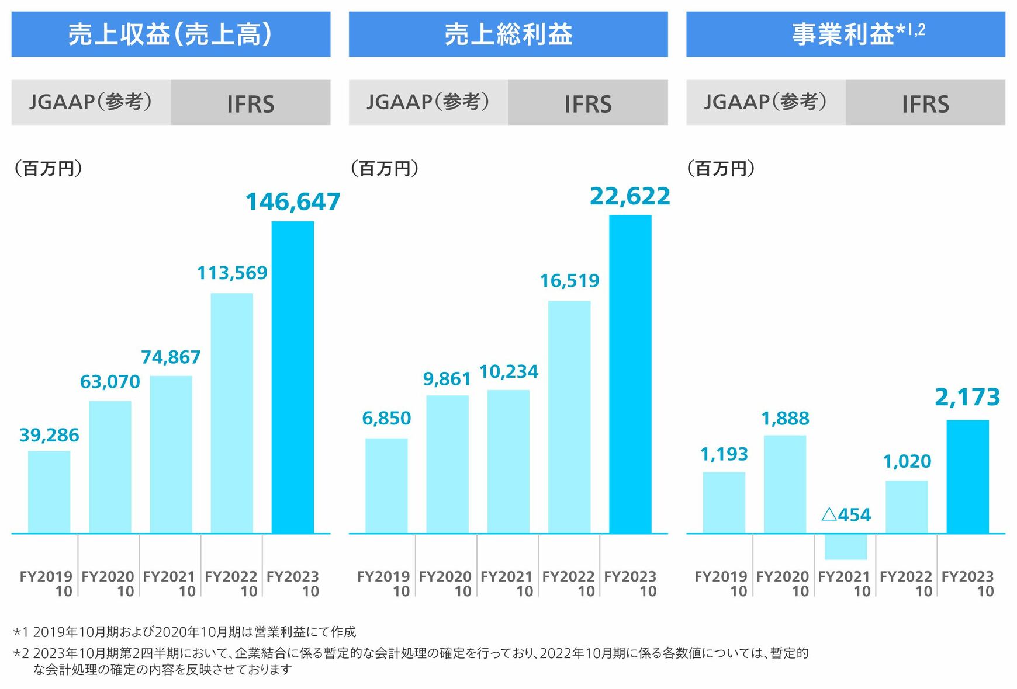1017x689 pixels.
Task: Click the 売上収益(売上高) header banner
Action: [171, 34]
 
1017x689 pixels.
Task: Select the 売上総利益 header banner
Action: [508, 34]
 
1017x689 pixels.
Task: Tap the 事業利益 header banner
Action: [845, 34]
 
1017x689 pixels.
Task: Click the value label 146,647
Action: [292, 202]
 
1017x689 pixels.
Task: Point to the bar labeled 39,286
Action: [49, 492]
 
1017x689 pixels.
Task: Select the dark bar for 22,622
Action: [630, 374]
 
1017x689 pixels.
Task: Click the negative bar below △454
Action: [845, 547]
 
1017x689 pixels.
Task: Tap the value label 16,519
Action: [569, 281]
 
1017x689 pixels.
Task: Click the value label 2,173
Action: [967, 398]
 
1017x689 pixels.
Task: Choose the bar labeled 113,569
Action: [232, 413]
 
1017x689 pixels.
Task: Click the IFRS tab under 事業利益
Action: [925, 103]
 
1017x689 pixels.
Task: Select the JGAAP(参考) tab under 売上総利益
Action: [428, 102]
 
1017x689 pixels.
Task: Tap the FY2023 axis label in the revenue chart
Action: [293, 583]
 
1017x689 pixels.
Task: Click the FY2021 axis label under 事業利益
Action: [844, 583]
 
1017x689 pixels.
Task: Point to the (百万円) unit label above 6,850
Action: [385, 169]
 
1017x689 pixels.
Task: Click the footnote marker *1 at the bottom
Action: [21, 632]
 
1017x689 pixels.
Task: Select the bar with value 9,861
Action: [447, 464]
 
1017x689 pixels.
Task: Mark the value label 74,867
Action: [171, 357]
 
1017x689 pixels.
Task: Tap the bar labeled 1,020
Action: [907, 506]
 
